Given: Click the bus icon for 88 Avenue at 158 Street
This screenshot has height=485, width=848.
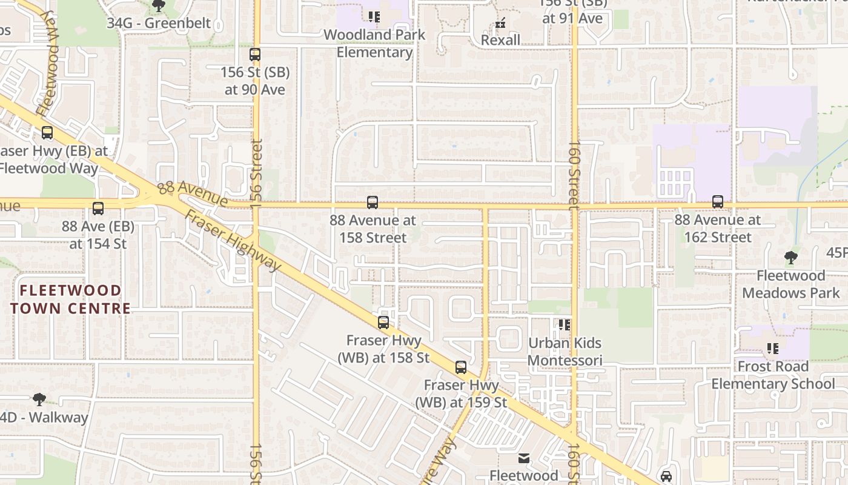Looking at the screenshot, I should click(x=373, y=202).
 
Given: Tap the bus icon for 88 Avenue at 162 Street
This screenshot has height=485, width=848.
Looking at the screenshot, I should click(x=718, y=202).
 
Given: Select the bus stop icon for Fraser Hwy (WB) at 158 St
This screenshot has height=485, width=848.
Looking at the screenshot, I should click(x=383, y=323).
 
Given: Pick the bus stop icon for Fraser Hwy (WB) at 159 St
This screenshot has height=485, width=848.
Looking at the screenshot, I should click(x=461, y=367).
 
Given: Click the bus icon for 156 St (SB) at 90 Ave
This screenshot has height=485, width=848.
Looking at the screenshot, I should click(x=255, y=55).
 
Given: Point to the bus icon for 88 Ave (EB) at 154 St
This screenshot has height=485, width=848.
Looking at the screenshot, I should click(x=98, y=209).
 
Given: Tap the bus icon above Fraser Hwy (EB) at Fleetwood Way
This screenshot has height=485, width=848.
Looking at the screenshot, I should click(x=47, y=133).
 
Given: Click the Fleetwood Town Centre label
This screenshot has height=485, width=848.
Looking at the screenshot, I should click(x=70, y=299).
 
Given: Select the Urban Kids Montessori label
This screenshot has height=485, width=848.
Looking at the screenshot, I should click(x=565, y=352).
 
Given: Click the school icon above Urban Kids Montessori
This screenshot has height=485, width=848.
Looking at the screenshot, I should click(x=565, y=325).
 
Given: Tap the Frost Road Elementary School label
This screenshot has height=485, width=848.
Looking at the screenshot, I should click(x=773, y=375).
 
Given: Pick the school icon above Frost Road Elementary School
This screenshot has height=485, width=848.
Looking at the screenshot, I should click(x=773, y=349).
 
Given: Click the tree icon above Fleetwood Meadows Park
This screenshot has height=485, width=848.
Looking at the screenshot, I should click(x=790, y=258).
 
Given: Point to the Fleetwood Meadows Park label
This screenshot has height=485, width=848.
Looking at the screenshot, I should click(x=790, y=284).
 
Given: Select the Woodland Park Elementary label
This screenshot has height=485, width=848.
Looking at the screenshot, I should click(x=374, y=43).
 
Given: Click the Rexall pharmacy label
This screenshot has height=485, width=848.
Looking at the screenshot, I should click(x=500, y=40).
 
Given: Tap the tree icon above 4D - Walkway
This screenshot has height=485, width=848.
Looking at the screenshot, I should click(x=39, y=400).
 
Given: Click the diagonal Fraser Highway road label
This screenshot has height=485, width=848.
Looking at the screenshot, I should click(x=233, y=241).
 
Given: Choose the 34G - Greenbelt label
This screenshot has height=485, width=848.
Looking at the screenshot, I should click(x=159, y=23).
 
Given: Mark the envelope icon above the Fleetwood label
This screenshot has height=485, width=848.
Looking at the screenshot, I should click(x=524, y=458).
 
